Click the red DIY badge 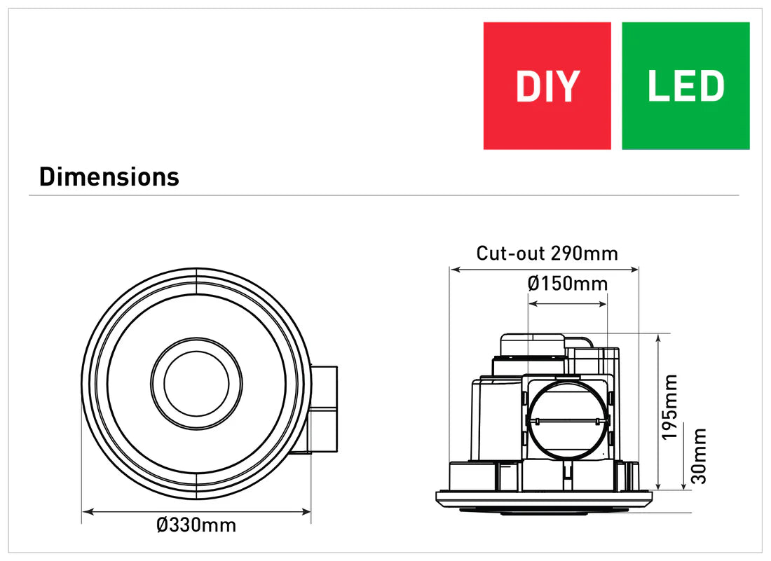pyautogui.click(x=547, y=85)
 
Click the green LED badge pyautogui.click(x=685, y=85)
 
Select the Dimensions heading pyautogui.click(x=109, y=176)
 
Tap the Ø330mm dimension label pyautogui.click(x=196, y=525)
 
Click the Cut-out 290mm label pyautogui.click(x=547, y=253)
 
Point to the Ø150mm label pyautogui.click(x=567, y=284)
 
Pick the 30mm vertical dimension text pyautogui.click(x=699, y=455)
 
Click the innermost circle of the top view pyautogui.click(x=196, y=383)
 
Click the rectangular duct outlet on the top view pyautogui.click(x=324, y=410)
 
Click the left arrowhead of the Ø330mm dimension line pyautogui.click(x=86, y=513)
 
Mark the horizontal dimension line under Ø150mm pyautogui.click(x=567, y=304)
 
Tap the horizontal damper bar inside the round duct pyautogui.click(x=568, y=421)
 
